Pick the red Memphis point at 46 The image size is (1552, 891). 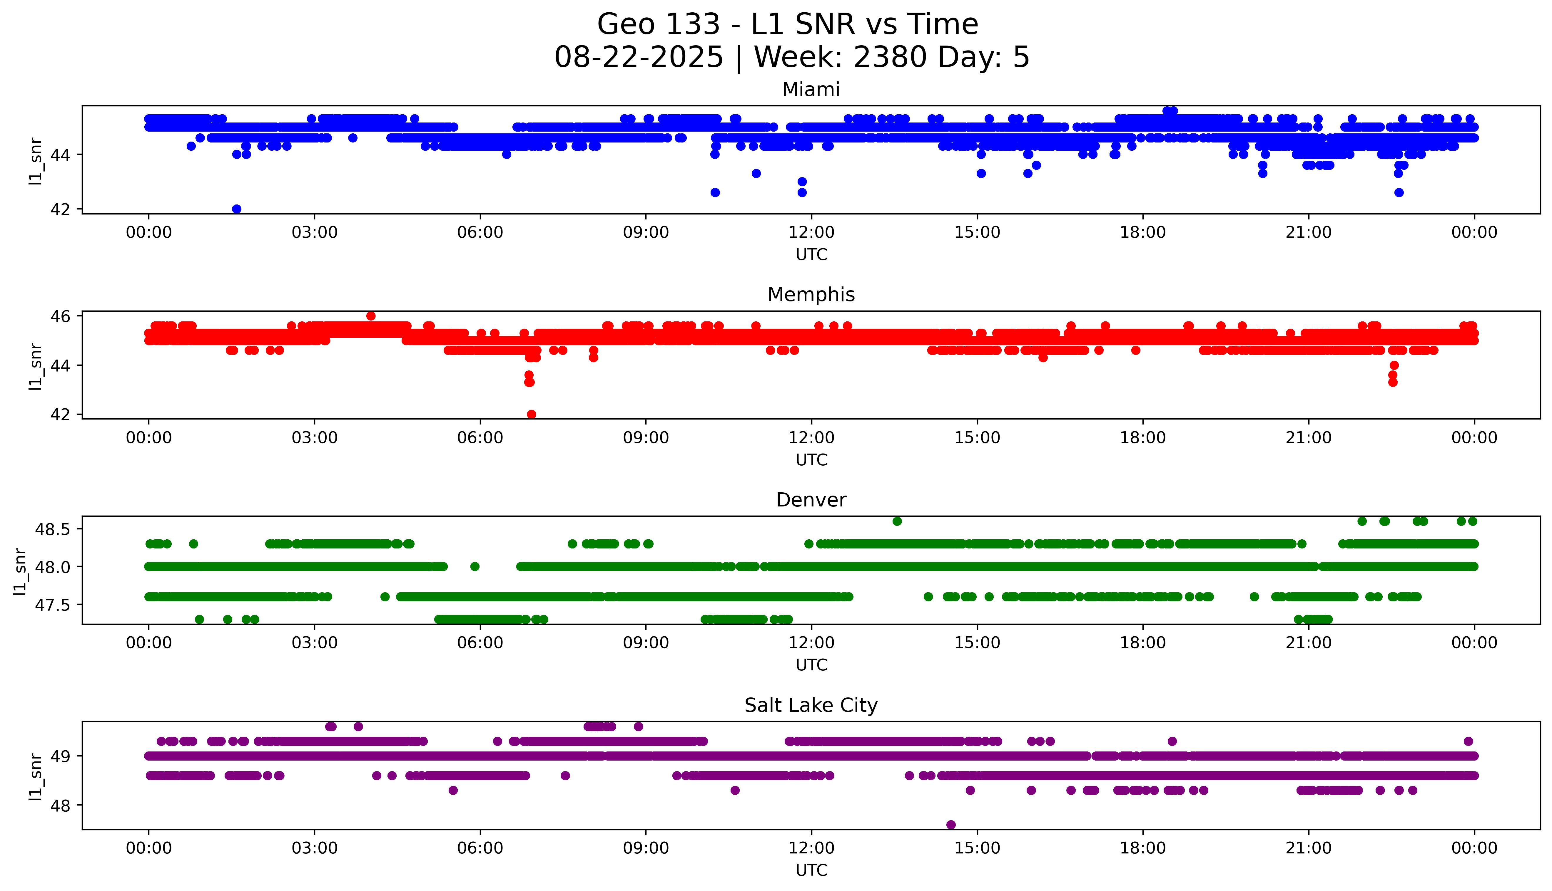click(x=370, y=316)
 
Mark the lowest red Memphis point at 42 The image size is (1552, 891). click(x=532, y=414)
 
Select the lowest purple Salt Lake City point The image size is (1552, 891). click(x=951, y=825)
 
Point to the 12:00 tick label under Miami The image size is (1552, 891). click(x=811, y=233)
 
